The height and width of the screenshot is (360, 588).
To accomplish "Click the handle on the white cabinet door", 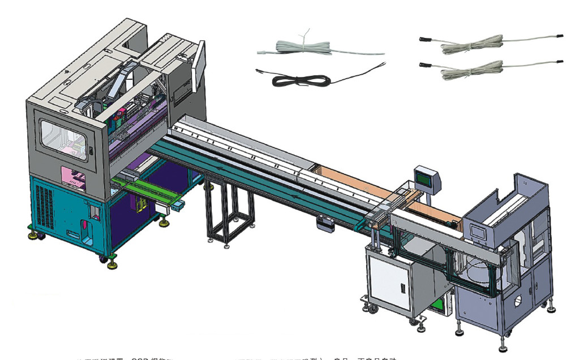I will tap(402, 289).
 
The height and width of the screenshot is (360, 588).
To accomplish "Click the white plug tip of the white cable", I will tap(261, 52).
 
